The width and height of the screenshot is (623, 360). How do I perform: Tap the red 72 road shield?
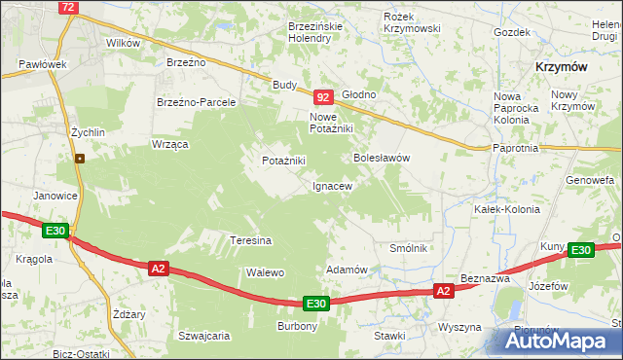[67, 7]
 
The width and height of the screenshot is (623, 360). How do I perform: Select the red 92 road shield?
[324, 97]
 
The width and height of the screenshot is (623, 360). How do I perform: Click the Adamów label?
[346, 270]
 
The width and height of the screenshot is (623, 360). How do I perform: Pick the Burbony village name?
[298, 326]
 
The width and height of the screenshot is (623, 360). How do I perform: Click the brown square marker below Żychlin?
[80, 159]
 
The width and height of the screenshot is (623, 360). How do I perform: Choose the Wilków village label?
[124, 43]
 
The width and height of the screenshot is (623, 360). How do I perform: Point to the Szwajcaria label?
[203, 336]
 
